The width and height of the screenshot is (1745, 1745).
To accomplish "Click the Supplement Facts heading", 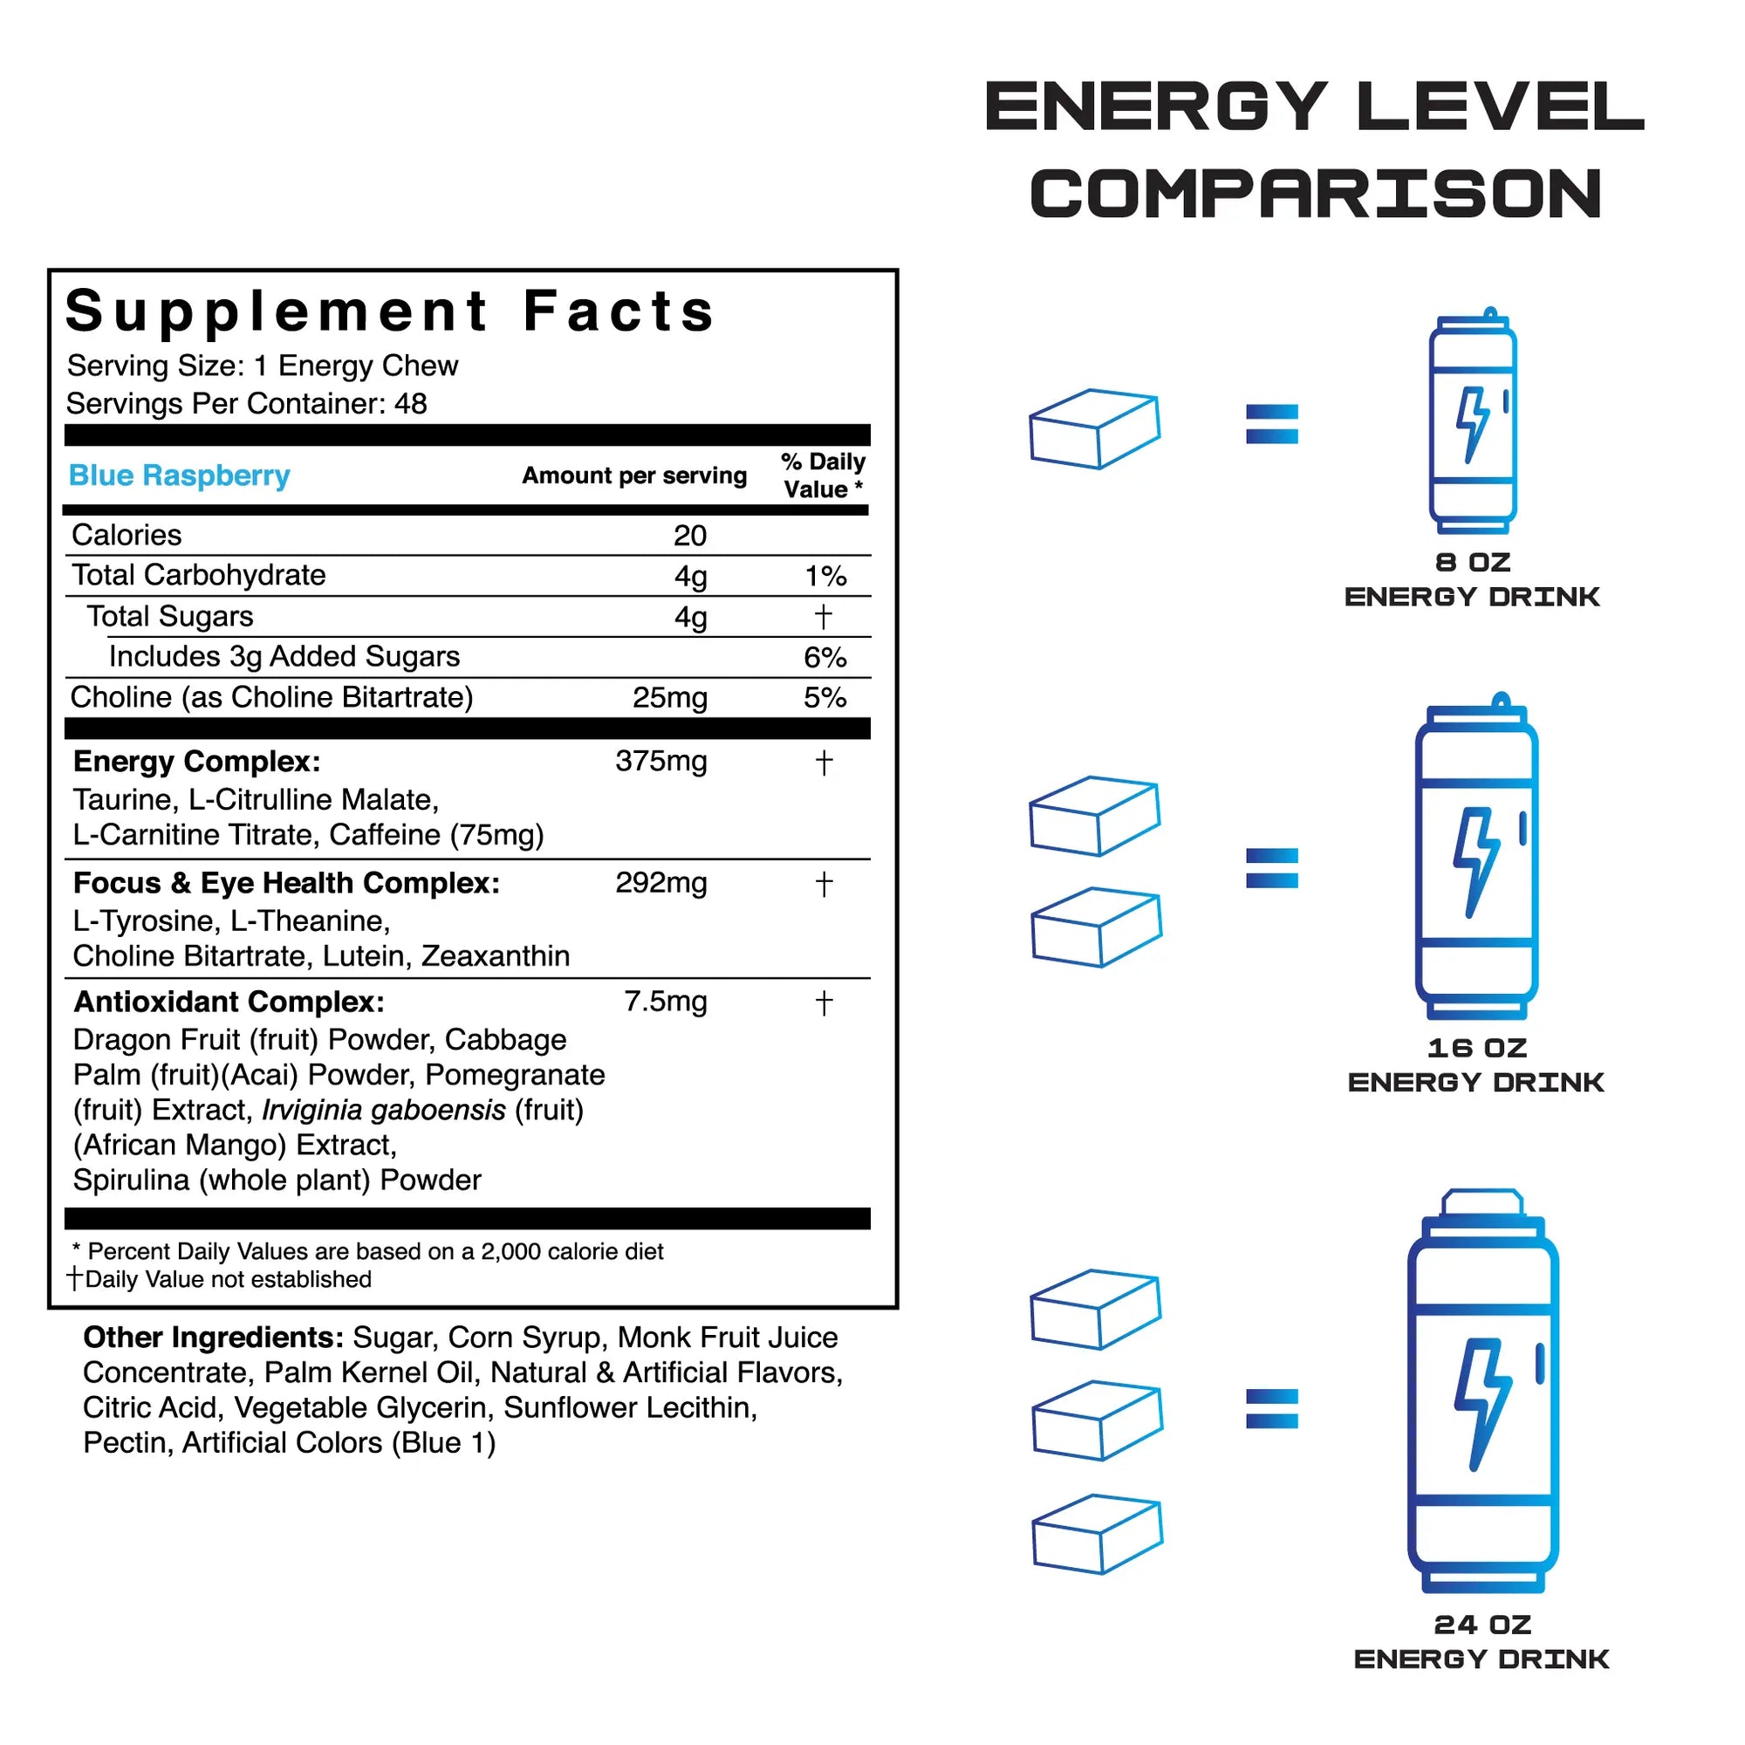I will point(390,311).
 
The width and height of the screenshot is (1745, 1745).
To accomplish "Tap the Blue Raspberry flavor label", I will point(179,476).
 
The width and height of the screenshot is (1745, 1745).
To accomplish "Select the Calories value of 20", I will point(690,536).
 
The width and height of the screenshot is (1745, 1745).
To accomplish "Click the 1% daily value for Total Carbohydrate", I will point(825,576).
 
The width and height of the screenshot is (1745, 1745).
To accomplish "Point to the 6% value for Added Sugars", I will point(825,658).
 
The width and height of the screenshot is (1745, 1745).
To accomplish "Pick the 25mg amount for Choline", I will point(669,698).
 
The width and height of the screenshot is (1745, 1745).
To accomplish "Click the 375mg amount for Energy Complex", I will point(661,762).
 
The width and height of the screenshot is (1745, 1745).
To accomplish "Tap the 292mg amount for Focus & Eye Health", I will point(661,882).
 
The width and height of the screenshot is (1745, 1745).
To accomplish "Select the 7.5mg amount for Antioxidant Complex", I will point(666,1002).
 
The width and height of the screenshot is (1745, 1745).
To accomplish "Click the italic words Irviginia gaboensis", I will point(384,1110).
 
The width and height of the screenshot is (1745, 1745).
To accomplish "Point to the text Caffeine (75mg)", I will point(436,835).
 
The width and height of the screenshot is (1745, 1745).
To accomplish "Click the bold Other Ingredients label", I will point(213,1338).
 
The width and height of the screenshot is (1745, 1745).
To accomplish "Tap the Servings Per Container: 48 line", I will point(247,404).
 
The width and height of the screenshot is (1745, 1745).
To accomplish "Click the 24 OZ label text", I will point(1482,1625).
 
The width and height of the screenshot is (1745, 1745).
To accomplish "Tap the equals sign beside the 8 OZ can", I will point(1272,424).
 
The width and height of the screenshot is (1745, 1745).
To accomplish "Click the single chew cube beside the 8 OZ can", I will point(1095,429).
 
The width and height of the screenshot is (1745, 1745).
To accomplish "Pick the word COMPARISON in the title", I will point(1316,195).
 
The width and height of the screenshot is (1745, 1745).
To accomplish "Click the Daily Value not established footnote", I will point(222,1279).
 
